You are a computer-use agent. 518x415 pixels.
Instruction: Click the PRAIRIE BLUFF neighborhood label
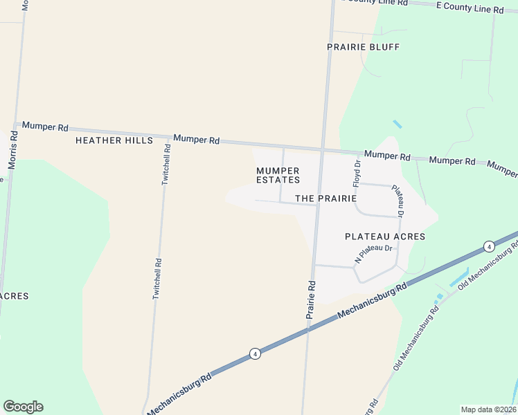(363, 47)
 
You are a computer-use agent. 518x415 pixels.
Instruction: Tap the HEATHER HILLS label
(114, 140)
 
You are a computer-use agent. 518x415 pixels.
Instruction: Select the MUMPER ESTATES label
(278, 175)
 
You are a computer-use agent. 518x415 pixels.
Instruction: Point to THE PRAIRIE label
(325, 199)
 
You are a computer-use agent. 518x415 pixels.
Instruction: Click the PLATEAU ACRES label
(384, 237)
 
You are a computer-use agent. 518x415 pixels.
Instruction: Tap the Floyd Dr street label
(357, 174)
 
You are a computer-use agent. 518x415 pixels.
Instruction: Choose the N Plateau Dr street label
(373, 254)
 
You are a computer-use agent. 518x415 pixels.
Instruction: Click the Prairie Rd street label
(312, 299)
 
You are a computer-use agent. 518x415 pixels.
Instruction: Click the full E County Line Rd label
(469, 8)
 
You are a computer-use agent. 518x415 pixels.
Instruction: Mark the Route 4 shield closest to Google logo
(255, 353)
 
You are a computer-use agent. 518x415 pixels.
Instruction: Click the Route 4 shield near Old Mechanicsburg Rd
(489, 246)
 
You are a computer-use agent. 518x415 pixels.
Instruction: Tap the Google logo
(23, 407)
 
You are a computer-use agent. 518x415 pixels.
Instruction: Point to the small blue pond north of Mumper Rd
(397, 124)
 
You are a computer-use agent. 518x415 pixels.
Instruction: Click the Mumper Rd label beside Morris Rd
(45, 127)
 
